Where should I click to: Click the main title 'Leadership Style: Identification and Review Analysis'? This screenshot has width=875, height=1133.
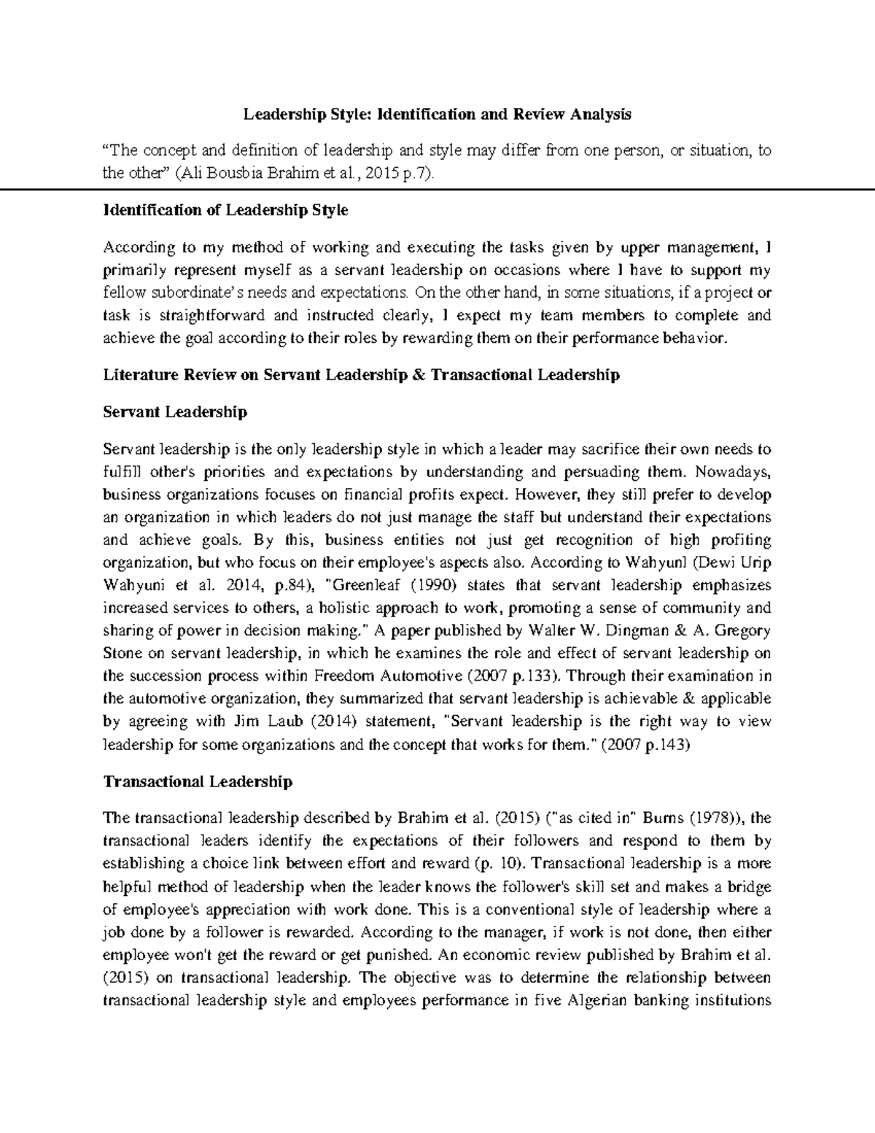point(437,114)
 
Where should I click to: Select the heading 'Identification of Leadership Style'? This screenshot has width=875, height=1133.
point(226,210)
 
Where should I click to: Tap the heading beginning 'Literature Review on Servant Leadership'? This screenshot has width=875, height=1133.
point(361,375)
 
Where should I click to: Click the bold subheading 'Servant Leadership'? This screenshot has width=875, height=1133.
point(175,411)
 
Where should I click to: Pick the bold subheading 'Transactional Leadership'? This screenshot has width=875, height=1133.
point(198,781)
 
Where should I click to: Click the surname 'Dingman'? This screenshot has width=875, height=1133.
point(663,630)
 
